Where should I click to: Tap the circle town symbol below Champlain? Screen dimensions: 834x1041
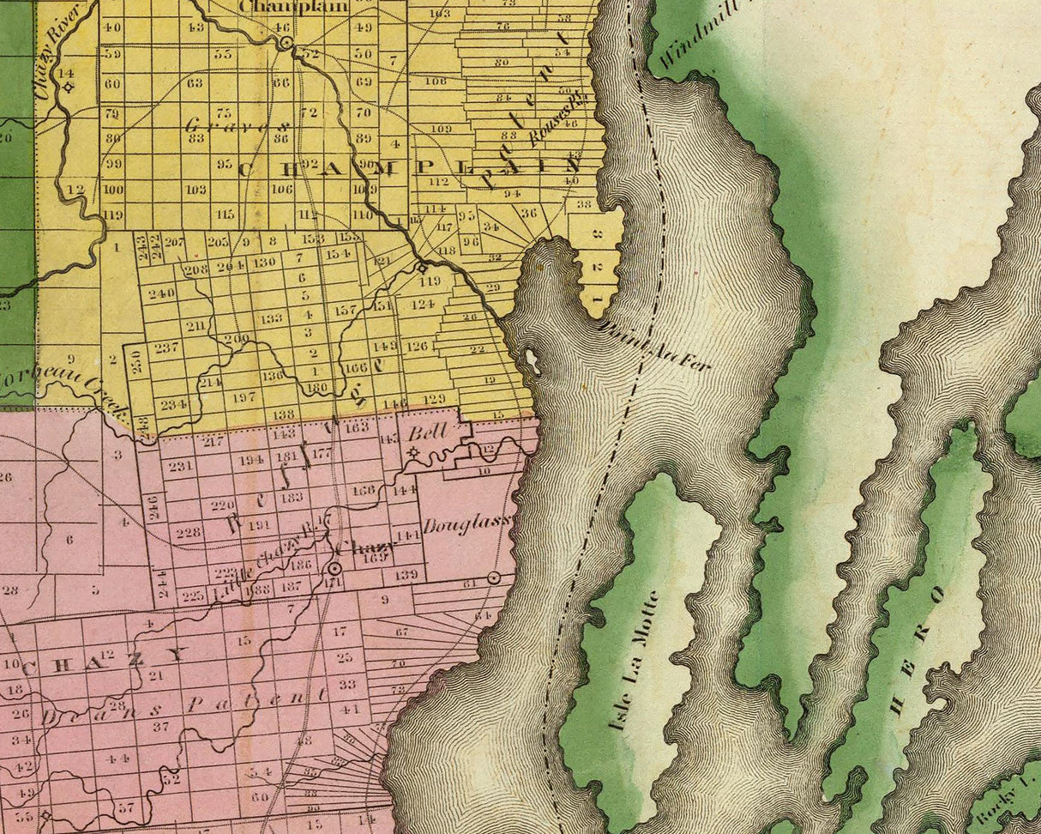tap(286, 42)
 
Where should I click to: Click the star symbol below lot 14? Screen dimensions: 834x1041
tap(67, 87)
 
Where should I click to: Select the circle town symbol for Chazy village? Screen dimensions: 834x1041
tap(334, 568)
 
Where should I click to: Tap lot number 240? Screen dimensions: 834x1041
tap(161, 293)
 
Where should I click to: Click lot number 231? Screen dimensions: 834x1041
tap(180, 466)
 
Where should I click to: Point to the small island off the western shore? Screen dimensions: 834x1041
tap(532, 361)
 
